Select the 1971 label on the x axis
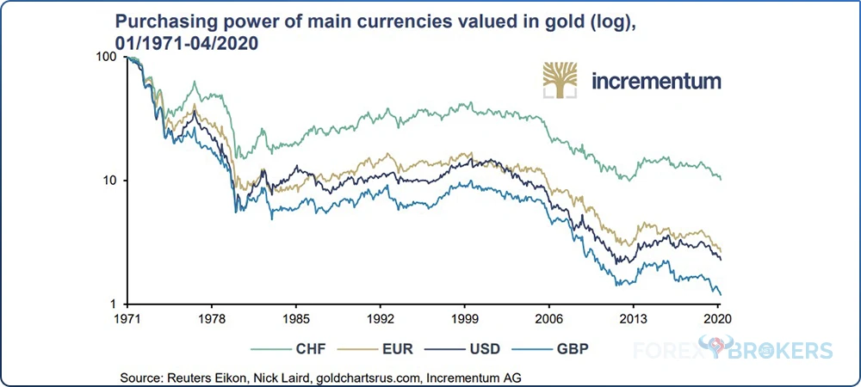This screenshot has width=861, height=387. pyautogui.click(x=127, y=317)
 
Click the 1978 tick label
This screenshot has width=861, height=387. pyautogui.click(x=212, y=317)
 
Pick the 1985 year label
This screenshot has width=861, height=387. pyautogui.click(x=296, y=317)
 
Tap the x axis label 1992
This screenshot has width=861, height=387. pyautogui.click(x=381, y=317)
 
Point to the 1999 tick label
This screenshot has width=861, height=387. pyautogui.click(x=465, y=317)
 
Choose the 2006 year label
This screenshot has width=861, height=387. pyautogui.click(x=549, y=317)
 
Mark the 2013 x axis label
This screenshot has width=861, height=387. pyautogui.click(x=633, y=317)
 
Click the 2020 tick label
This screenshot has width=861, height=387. pyautogui.click(x=718, y=317)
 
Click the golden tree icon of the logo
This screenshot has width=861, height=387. pyautogui.click(x=561, y=80)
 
